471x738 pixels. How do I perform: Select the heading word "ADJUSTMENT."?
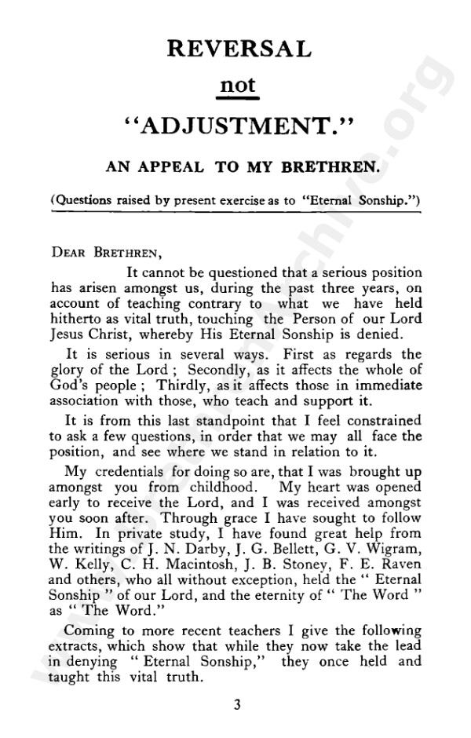239,126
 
